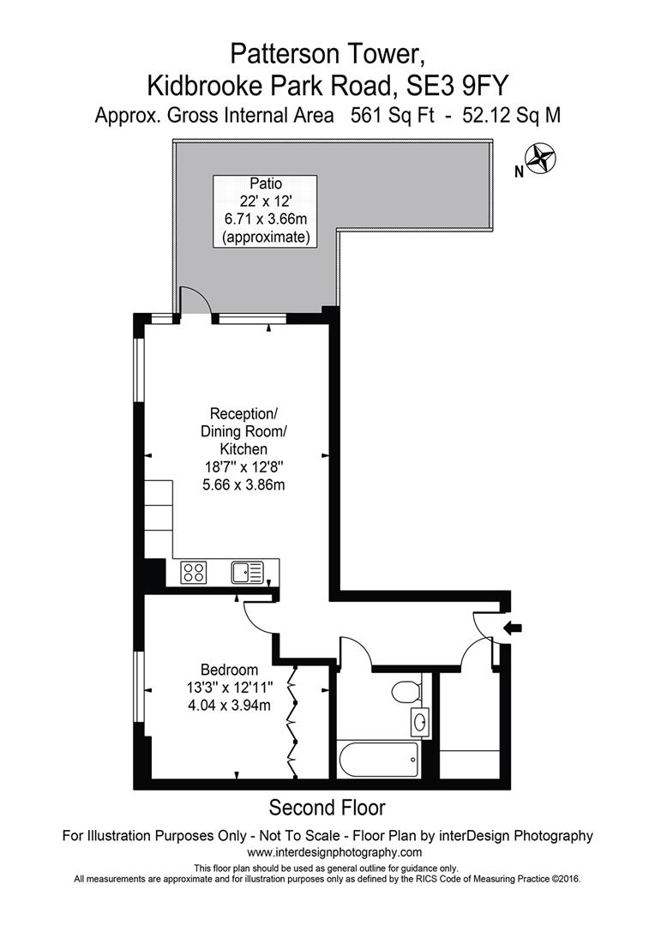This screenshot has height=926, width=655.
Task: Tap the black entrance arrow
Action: pyautogui.click(x=512, y=628)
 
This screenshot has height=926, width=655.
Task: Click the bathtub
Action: pyautogui.click(x=377, y=758)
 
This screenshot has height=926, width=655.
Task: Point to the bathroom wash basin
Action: pyautogui.click(x=419, y=722)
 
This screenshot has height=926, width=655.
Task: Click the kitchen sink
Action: pyautogui.click(x=249, y=570)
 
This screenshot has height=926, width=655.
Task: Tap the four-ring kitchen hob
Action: pyautogui.click(x=194, y=572)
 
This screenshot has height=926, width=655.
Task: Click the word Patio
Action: pyautogui.click(x=266, y=183)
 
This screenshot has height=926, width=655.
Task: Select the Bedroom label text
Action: pyautogui.click(x=229, y=670)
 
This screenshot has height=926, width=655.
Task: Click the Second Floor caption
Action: pyautogui.click(x=327, y=807)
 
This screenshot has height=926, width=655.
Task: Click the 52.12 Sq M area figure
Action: pyautogui.click(x=512, y=116)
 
